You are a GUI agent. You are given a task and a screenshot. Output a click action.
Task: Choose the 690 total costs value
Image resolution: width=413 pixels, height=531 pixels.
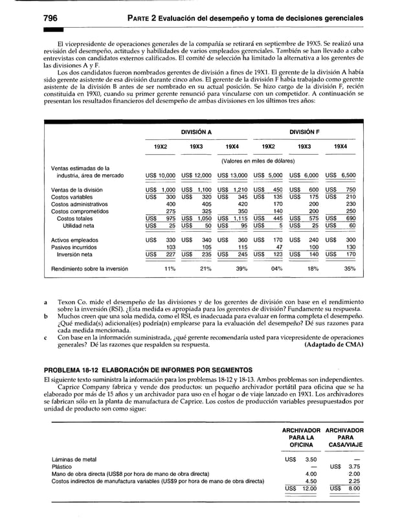click(x=350, y=218)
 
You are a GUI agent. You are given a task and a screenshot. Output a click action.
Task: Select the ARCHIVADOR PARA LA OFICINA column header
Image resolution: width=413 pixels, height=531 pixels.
click(x=301, y=437)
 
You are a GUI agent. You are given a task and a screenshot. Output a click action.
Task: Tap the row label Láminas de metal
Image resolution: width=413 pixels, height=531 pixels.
click(x=74, y=459)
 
